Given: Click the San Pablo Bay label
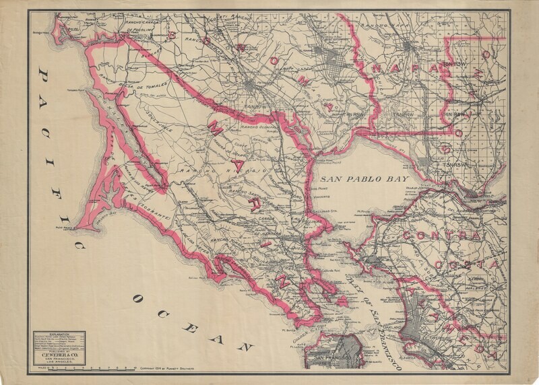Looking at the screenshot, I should coord(358,180).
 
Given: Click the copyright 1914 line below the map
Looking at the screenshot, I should coord(178,370).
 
